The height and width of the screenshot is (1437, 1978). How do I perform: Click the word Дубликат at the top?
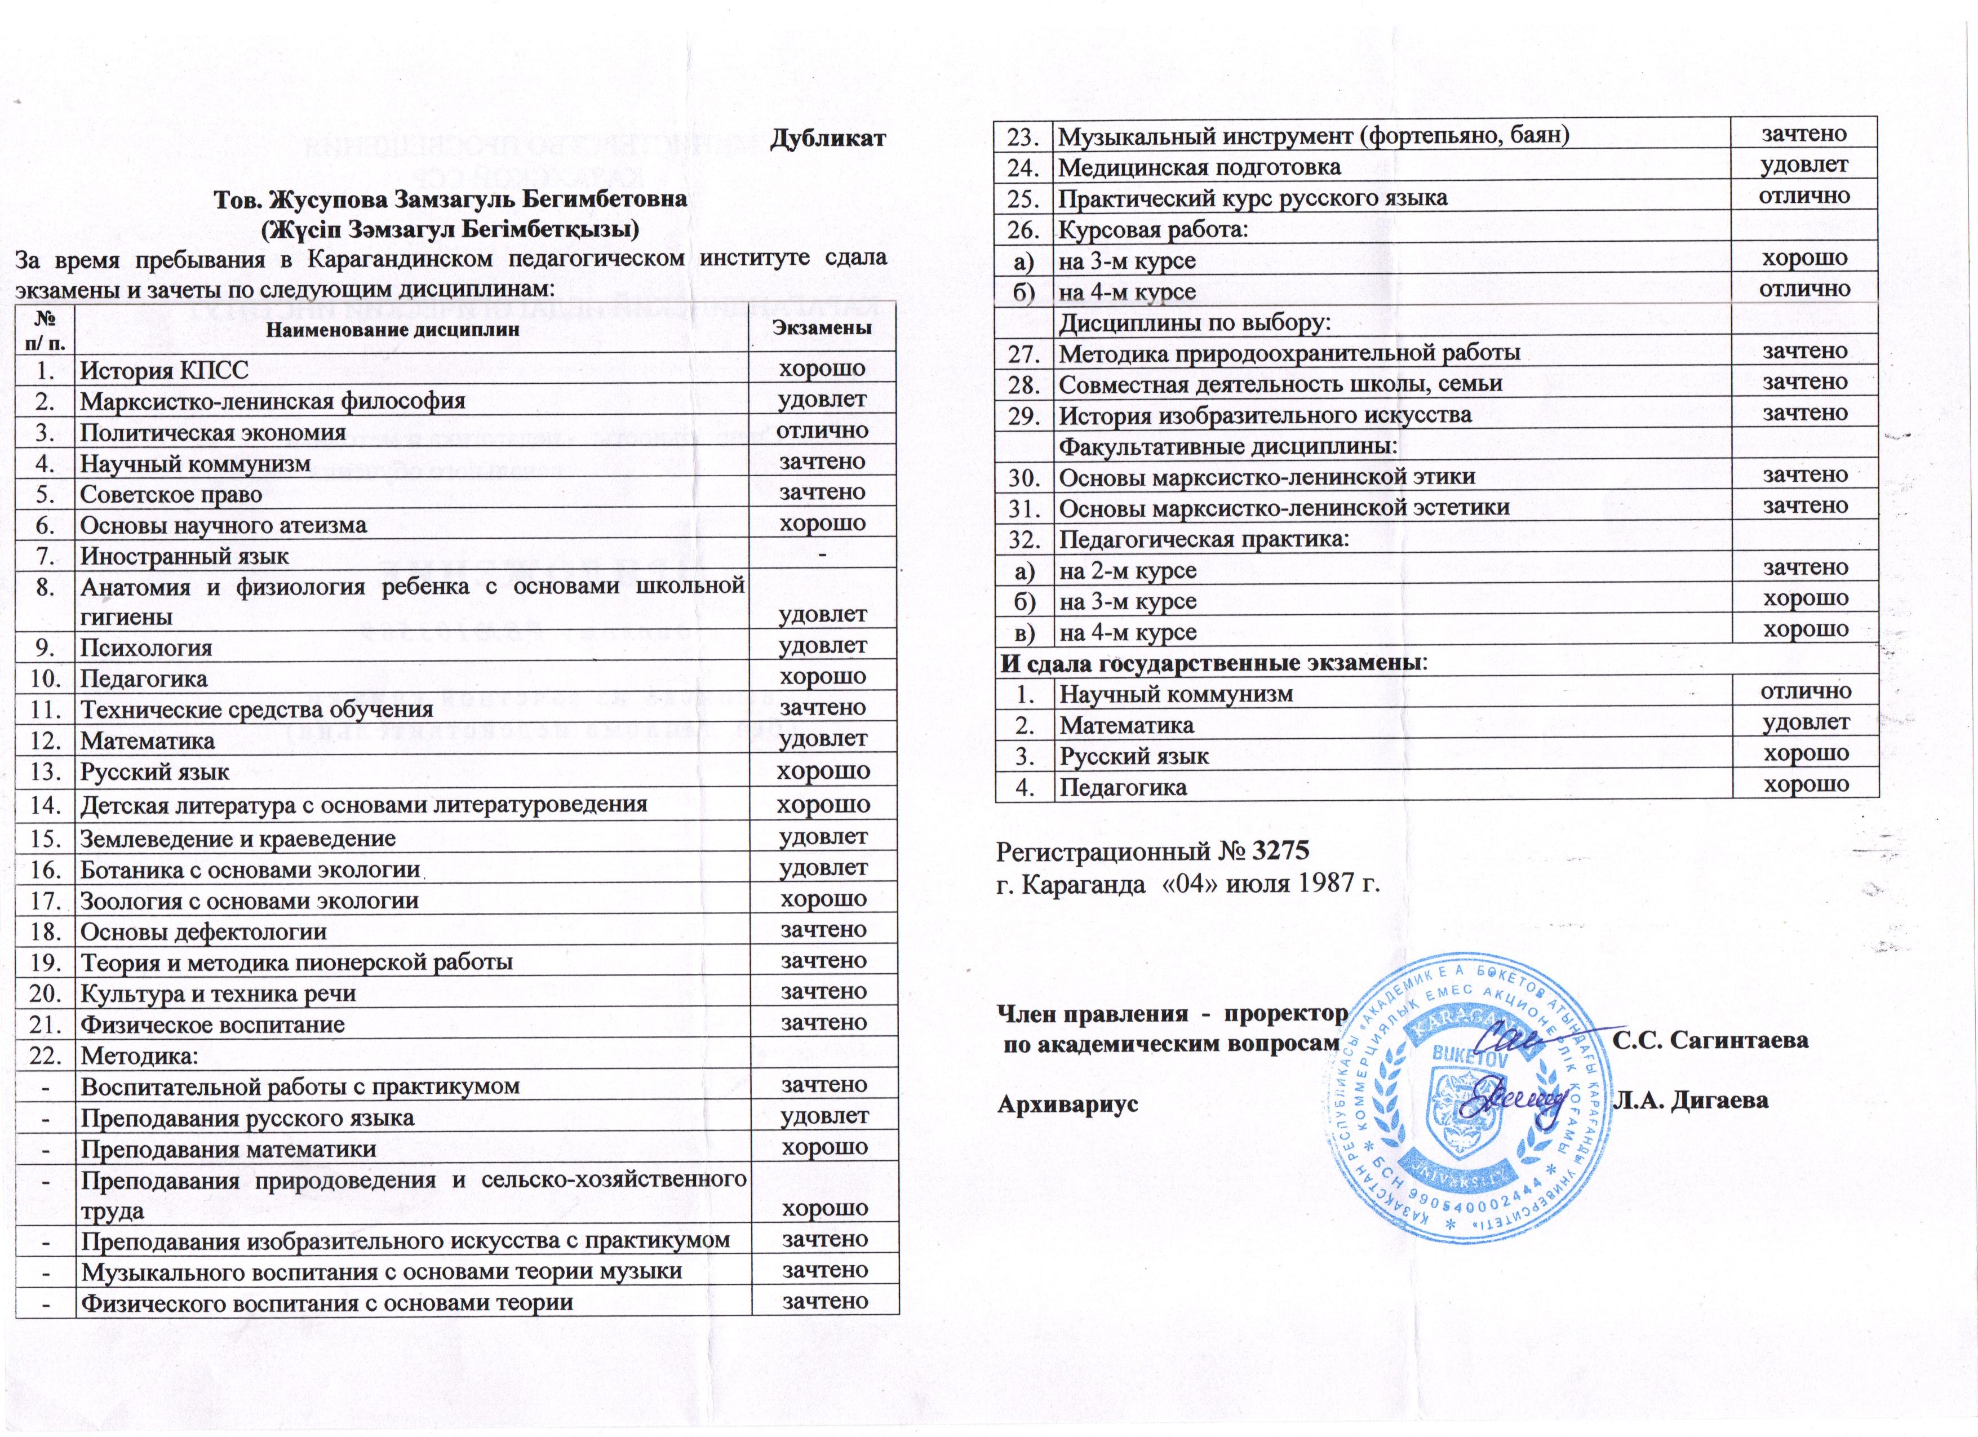[x=828, y=140]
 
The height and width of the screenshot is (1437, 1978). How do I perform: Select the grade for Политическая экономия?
[x=822, y=431]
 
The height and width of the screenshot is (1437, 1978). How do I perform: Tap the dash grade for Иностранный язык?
[x=822, y=553]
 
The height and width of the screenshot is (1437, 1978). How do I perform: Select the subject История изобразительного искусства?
[x=1265, y=416]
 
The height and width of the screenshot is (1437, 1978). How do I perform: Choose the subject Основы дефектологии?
[x=203, y=932]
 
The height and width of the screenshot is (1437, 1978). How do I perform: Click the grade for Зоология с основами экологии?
[x=822, y=898]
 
